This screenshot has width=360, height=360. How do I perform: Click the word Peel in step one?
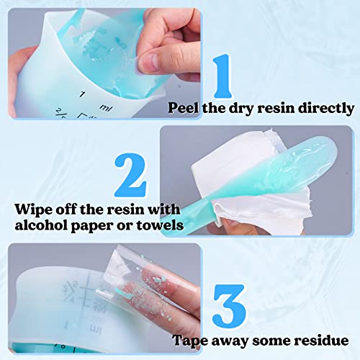pyautogui.click(x=184, y=108)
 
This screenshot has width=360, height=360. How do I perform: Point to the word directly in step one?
pyautogui.click(x=327, y=108)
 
